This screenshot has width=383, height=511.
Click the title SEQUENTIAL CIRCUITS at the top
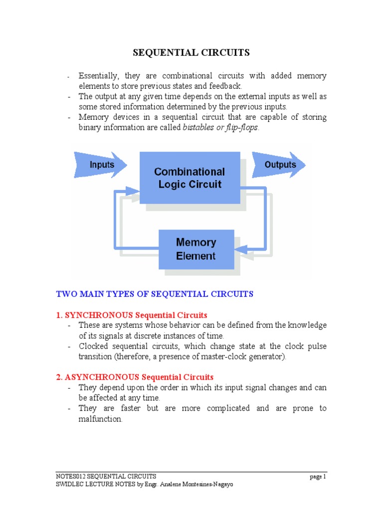pos(191,52)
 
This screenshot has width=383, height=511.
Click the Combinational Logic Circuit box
pos(189,178)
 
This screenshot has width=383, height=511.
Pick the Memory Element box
pos(196,249)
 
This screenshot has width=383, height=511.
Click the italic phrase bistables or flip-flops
pos(221,128)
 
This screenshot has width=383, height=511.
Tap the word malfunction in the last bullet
pos(100,419)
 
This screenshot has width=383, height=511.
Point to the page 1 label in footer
pos(317,477)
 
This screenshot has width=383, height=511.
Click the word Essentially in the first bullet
pos(99,76)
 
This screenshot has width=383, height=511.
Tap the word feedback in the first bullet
pos(217,86)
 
